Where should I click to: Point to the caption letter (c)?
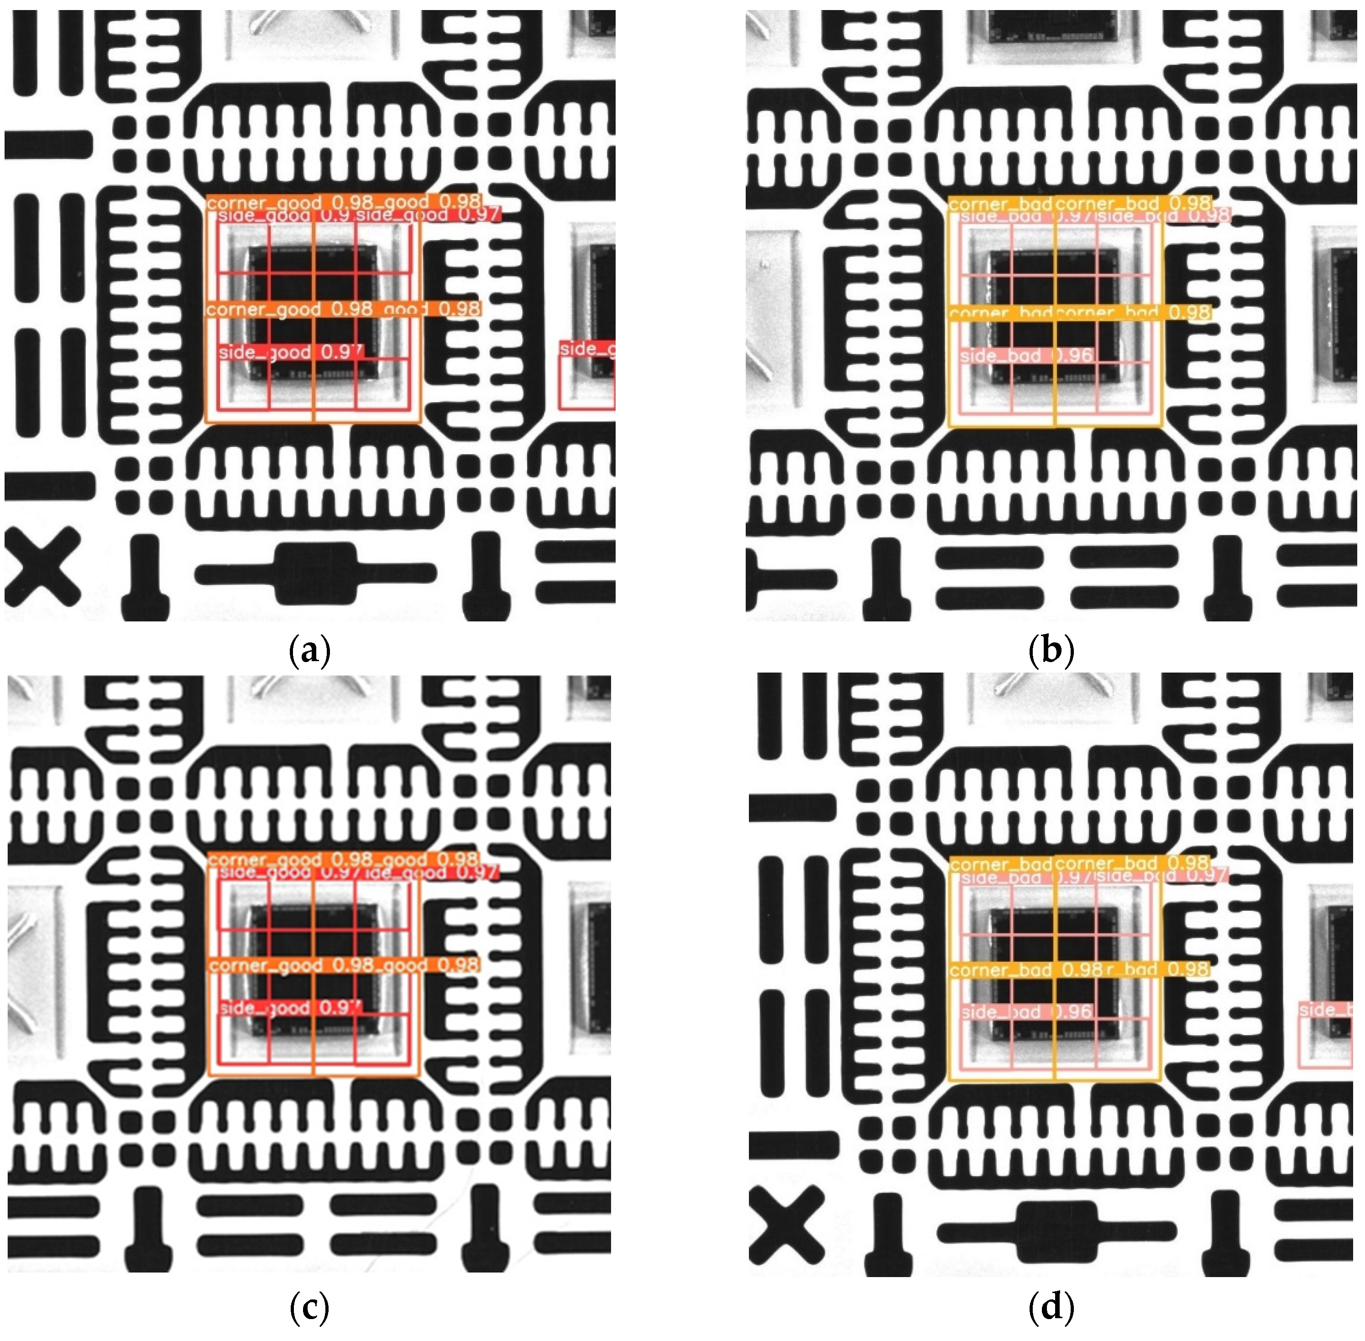point(310,1309)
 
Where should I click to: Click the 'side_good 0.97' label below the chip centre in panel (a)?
point(290,352)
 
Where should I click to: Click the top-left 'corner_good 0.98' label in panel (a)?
point(264,203)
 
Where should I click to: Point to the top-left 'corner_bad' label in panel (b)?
point(999,204)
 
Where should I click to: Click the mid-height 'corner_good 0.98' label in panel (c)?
point(264,966)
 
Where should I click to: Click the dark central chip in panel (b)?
point(1054,317)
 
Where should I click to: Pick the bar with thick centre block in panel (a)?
point(315,574)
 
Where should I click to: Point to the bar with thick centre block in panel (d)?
point(1056,1231)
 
